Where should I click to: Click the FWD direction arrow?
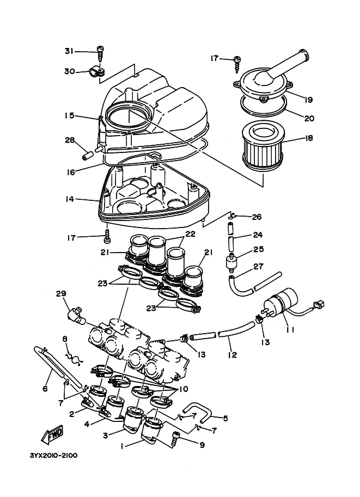pos(52,434)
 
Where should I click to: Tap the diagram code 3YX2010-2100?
pos(53,456)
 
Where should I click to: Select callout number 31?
pos(69,51)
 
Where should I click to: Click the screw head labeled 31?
pos(101,49)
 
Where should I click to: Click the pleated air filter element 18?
pos(262,146)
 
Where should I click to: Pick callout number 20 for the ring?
pos(309,118)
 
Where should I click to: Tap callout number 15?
pos(70,115)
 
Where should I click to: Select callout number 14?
pos(70,199)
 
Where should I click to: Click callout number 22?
pos(190,234)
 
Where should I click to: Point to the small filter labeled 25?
pos(232,262)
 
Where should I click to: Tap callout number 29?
pos(61,293)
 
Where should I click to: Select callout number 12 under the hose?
pos(232,354)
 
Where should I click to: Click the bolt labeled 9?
pos(176,439)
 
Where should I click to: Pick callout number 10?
pos(184,389)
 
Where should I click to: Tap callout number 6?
pos(45,388)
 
